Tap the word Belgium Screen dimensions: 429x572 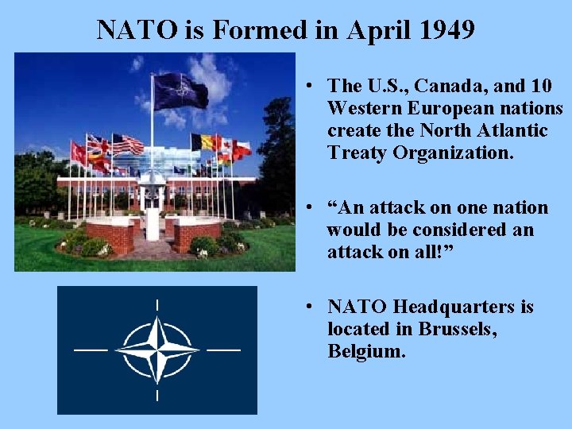366,351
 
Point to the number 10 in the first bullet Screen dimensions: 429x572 544,86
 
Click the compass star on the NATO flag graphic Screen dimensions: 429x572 157,350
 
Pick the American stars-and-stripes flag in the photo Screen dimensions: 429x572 127,145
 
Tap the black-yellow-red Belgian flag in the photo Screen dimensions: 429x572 205,142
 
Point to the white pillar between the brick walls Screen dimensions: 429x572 151,214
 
